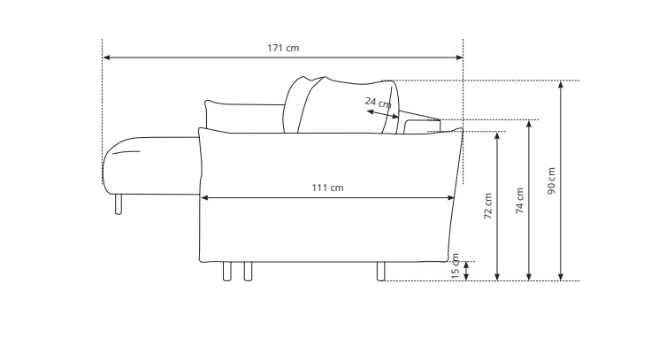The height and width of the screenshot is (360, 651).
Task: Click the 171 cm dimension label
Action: (283, 48)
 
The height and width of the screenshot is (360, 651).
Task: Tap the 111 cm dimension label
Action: (327, 188)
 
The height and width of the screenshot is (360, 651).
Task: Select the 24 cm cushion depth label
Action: (378, 102)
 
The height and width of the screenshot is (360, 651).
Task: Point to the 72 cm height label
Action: (488, 206)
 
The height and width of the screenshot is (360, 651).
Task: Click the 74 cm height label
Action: (520, 201)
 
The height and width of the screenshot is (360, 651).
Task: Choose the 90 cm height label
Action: (551, 181)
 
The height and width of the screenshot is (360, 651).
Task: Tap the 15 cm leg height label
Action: (455, 266)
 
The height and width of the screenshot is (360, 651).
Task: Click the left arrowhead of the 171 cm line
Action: (106, 57)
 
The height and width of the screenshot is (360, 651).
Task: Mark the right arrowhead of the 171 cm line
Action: (459, 57)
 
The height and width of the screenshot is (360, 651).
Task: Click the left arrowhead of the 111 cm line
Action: (204, 198)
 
